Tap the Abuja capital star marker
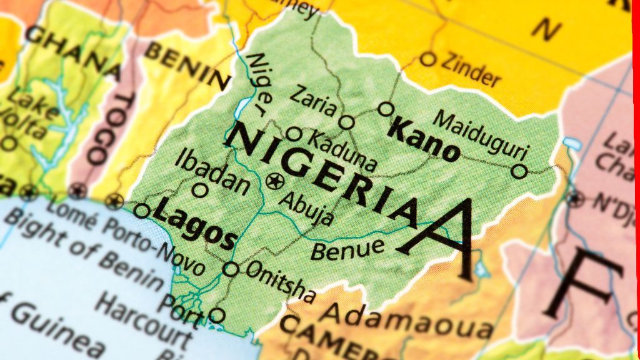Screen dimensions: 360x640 click(x=274, y=182)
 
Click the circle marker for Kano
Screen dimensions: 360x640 click(x=386, y=109)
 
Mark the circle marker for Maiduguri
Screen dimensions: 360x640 click(x=519, y=171)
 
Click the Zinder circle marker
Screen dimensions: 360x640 click(x=427, y=59)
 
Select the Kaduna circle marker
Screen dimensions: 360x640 click(x=294, y=134)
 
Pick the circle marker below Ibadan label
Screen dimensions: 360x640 click(x=200, y=190)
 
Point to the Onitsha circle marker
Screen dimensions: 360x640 click(x=231, y=269)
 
